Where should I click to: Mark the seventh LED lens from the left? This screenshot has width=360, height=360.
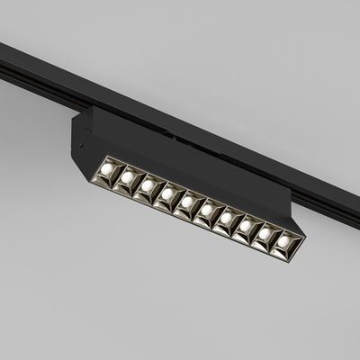tap(227, 219)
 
